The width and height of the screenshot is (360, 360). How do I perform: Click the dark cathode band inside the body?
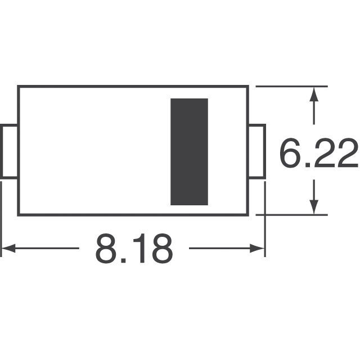(x=190, y=151)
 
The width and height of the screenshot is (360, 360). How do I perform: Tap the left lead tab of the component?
(x=10, y=152)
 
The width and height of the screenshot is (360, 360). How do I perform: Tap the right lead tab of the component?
(x=257, y=152)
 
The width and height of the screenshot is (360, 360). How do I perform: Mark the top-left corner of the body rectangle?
(x=19, y=87)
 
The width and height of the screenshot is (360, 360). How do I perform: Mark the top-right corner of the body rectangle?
(x=249, y=87)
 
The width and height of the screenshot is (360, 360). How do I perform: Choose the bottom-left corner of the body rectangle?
(x=19, y=214)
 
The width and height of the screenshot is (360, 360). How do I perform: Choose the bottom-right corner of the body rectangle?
(x=249, y=214)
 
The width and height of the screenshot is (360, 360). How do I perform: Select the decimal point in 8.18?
(x=125, y=261)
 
